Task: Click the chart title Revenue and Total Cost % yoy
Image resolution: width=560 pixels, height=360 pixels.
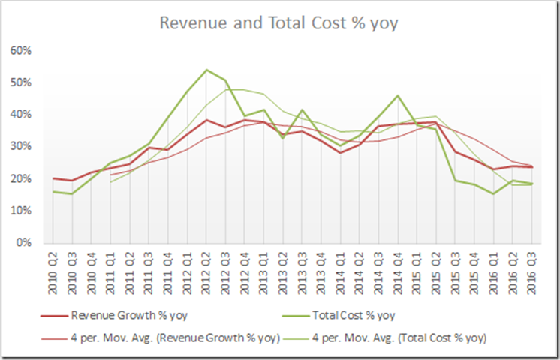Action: tap(278, 22)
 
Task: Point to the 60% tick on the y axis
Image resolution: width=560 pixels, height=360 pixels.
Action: tap(20, 50)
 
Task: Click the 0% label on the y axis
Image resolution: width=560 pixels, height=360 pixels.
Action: tap(23, 243)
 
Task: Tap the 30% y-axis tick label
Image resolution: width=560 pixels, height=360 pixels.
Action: tap(20, 147)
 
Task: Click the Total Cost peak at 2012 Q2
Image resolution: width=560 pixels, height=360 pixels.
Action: tap(206, 70)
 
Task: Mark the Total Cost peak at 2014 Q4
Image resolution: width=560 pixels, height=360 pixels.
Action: tap(397, 95)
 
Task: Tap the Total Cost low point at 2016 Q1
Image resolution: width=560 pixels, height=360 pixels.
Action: tap(492, 193)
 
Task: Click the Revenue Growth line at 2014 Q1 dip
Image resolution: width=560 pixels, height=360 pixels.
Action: tap(340, 153)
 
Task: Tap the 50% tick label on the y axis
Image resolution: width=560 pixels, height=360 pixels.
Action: tap(20, 82)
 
